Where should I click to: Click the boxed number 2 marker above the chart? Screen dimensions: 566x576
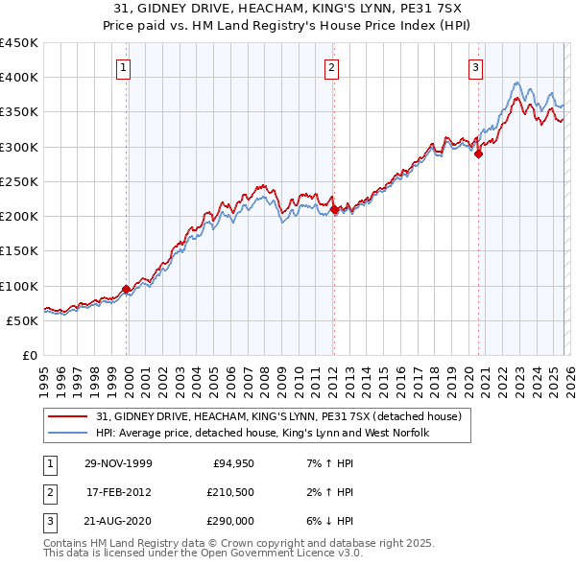coord(331,67)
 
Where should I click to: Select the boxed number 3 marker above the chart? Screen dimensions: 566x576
coord(476,67)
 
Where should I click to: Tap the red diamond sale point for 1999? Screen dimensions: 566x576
coord(127,289)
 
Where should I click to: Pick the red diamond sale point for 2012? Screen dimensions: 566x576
coord(333,208)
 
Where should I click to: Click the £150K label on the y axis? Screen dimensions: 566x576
coord(19,251)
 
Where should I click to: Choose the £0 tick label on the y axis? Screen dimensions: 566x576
coord(29,356)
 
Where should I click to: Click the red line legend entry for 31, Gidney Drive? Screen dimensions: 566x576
coord(279,416)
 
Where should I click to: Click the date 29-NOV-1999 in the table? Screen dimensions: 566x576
coord(118,464)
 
